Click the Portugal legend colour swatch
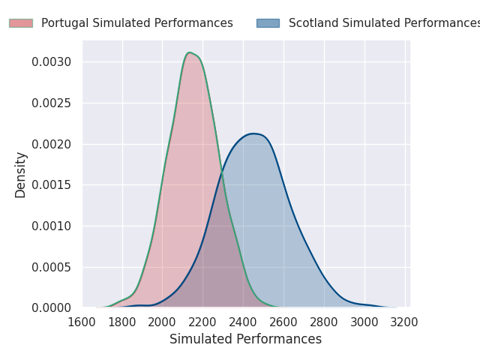[21, 23]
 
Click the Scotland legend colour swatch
[268, 23]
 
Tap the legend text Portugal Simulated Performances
[137, 23]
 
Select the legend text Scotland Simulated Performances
[383, 23]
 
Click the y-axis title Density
[21, 175]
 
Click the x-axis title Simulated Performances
[245, 339]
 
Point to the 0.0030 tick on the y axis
[52, 61]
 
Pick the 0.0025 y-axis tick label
[52, 103]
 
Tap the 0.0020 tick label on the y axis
[52, 144]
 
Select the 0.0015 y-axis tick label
[52, 185]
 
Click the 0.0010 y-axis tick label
[52, 226]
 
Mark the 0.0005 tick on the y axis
[52, 267]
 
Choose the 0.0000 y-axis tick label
[52, 308]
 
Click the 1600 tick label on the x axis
[82, 322]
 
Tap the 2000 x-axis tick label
[163, 322]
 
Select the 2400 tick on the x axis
[244, 322]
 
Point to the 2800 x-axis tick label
[325, 322]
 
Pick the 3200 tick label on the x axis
[405, 322]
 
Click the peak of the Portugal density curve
[190, 52]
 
